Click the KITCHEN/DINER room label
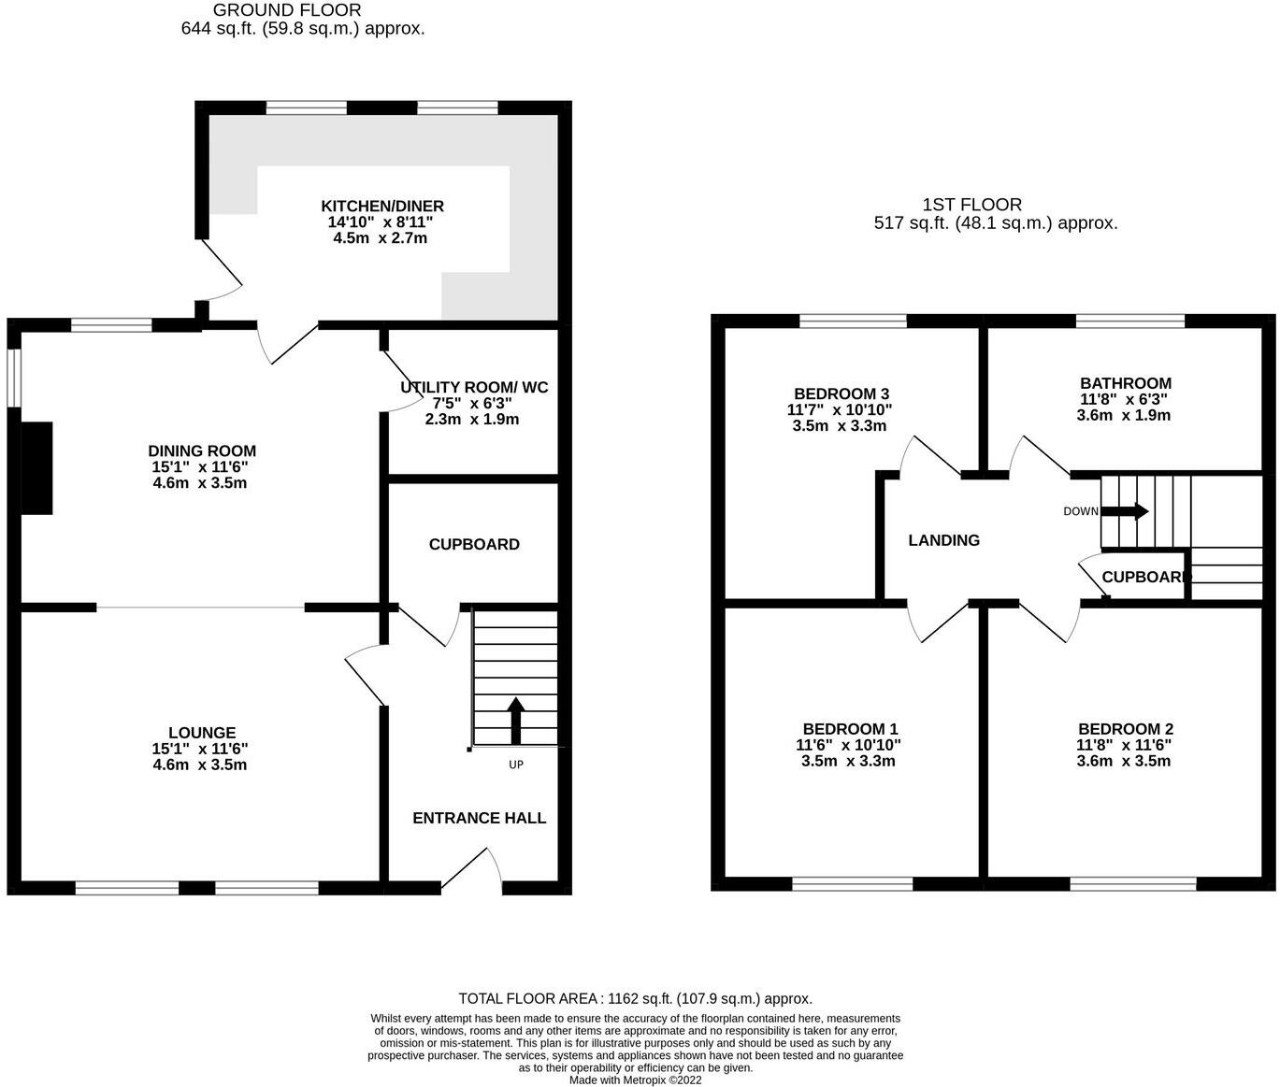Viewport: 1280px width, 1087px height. pyautogui.click(x=381, y=207)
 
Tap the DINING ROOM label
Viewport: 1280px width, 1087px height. pyautogui.click(x=202, y=451)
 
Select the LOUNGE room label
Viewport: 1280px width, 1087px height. pyautogui.click(x=202, y=733)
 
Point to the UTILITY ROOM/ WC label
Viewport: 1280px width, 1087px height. pyautogui.click(x=474, y=388)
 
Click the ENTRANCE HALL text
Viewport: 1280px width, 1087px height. pyautogui.click(x=479, y=818)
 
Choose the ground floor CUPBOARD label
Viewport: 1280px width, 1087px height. pyautogui.click(x=474, y=544)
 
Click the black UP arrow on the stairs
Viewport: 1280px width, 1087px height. pyautogui.click(x=515, y=720)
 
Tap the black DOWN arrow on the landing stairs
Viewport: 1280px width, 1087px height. pyautogui.click(x=1126, y=511)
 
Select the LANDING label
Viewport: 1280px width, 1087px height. pyautogui.click(x=943, y=540)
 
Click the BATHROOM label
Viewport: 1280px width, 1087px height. pyautogui.click(x=1125, y=383)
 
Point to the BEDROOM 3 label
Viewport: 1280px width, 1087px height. pyautogui.click(x=841, y=393)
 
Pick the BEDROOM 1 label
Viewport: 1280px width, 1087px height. pyautogui.click(x=850, y=729)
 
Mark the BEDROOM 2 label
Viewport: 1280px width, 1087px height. pyautogui.click(x=1125, y=729)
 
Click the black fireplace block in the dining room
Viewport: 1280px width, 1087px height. pyautogui.click(x=36, y=467)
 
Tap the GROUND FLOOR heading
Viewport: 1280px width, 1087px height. pyautogui.click(x=287, y=10)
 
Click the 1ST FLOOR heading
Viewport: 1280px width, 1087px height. pyautogui.click(x=971, y=205)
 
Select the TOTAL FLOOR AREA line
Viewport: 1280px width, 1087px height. pyautogui.click(x=635, y=998)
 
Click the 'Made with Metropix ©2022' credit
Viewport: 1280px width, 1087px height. pyautogui.click(x=635, y=1080)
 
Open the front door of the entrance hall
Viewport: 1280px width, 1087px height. pyautogui.click(x=472, y=869)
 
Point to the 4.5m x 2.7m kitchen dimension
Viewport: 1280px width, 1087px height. pyautogui.click(x=380, y=238)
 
